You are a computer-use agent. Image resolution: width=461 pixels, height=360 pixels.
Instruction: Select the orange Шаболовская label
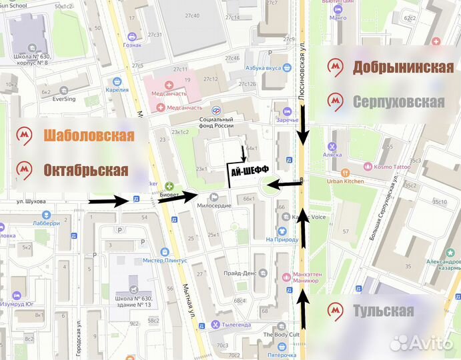89,135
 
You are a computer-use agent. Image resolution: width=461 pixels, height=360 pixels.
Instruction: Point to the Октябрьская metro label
85,169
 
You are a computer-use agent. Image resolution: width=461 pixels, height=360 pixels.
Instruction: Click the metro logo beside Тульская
336,311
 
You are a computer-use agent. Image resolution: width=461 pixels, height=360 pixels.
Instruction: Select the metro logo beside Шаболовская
25,135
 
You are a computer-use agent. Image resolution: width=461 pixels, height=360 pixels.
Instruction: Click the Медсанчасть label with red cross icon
185,107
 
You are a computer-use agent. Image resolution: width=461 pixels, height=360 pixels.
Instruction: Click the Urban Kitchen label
345,181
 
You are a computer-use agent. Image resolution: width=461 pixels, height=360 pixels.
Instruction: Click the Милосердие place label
214,205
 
